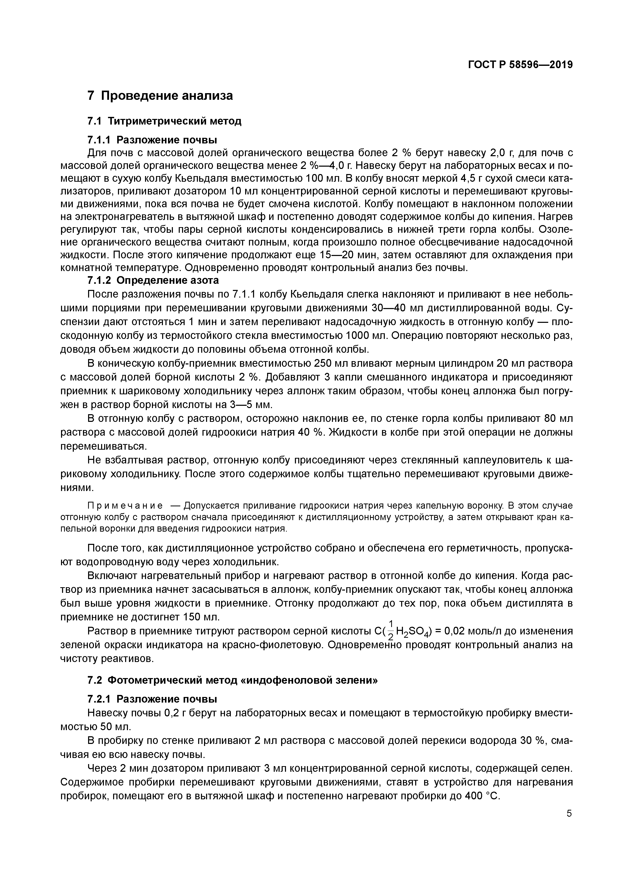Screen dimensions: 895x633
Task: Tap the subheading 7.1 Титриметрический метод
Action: tap(164, 121)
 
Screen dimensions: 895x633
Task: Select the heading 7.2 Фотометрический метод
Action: tap(232, 680)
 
